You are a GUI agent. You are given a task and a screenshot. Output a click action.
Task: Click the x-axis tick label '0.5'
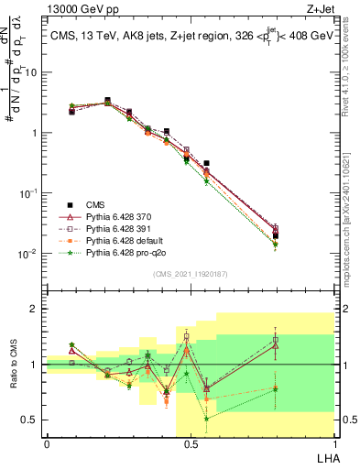[191, 444]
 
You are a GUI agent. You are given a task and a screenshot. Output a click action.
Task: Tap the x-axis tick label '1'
[334, 444]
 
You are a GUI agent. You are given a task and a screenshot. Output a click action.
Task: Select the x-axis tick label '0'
[47, 444]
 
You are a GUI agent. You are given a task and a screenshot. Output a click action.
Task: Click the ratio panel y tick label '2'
[35, 309]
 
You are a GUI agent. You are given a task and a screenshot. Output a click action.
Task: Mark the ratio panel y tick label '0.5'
[31, 420]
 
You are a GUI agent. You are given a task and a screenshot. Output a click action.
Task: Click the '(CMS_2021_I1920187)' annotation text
[190, 274]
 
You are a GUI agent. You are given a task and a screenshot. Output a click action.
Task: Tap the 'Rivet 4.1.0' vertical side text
[351, 73]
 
